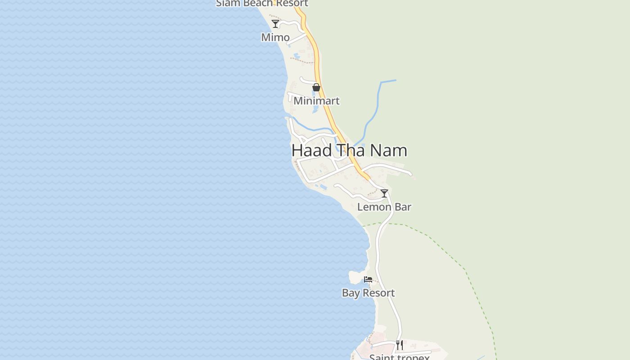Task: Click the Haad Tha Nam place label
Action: (x=349, y=150)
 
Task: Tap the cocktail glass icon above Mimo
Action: (x=275, y=23)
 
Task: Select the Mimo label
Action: (x=275, y=37)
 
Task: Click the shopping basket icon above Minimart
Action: (x=316, y=87)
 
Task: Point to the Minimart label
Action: (x=316, y=101)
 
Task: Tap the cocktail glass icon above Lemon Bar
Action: (x=384, y=193)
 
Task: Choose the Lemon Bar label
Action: (x=384, y=207)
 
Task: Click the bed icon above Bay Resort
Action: (x=368, y=279)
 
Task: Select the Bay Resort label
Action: (x=368, y=293)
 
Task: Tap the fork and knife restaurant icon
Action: (x=400, y=345)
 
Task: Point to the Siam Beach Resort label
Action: (x=262, y=4)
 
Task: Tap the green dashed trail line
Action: (x=450, y=256)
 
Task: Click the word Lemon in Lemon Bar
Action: (x=374, y=207)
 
